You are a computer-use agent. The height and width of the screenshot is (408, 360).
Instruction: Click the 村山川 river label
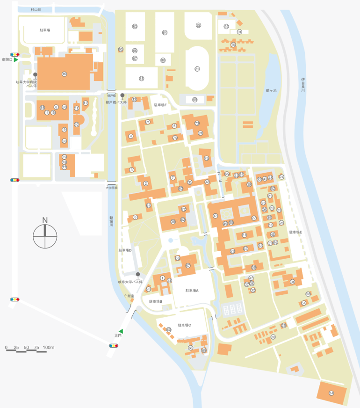[36, 9]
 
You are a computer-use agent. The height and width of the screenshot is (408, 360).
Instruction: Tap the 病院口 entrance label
[7, 60]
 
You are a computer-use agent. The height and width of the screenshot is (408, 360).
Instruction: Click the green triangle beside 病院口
[16, 60]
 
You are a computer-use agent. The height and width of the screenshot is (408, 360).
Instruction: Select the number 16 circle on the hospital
[64, 73]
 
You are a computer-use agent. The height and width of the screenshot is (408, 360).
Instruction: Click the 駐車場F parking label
[160, 105]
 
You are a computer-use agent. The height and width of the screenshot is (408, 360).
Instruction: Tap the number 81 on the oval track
[197, 69]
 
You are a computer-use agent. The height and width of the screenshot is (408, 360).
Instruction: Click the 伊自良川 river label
[303, 84]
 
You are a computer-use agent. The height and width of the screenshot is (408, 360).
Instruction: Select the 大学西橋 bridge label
[111, 188]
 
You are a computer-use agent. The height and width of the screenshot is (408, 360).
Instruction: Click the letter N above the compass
[45, 220]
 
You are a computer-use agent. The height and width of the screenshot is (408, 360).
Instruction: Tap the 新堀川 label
[111, 221]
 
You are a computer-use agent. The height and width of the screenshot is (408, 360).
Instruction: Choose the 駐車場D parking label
[125, 250]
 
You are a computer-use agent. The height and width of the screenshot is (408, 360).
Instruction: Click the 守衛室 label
[129, 296]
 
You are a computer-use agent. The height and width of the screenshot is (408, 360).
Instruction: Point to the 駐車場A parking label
[192, 290]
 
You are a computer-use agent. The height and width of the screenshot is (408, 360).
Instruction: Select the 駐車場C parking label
[184, 325]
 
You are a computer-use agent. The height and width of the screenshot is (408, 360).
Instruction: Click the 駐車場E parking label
[295, 232]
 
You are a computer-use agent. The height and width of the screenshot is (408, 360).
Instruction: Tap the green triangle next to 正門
[121, 331]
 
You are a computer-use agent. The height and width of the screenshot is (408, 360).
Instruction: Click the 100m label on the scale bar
[49, 348]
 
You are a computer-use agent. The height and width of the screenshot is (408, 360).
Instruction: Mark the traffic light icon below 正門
[113, 346]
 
